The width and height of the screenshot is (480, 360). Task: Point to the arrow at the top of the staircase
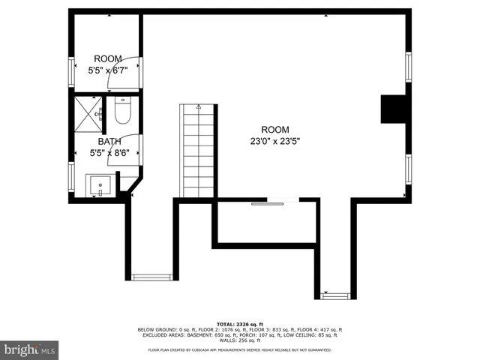[x=199, y=107]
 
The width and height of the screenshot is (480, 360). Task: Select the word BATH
[x=109, y=141]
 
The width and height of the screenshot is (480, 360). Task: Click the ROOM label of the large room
[x=274, y=129]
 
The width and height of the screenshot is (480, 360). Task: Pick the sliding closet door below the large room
[x=268, y=203]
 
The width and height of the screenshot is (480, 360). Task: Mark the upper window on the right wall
[x=409, y=67]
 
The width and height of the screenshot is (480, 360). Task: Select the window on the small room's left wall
[x=72, y=73]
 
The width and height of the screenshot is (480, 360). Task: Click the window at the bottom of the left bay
[x=152, y=277]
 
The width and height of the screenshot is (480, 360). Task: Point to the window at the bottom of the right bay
[x=335, y=295]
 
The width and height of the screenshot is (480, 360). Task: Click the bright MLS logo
[x=30, y=349]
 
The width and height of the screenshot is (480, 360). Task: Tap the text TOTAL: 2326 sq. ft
[x=240, y=324]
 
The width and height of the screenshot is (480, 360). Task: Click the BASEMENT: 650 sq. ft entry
[x=205, y=334]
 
